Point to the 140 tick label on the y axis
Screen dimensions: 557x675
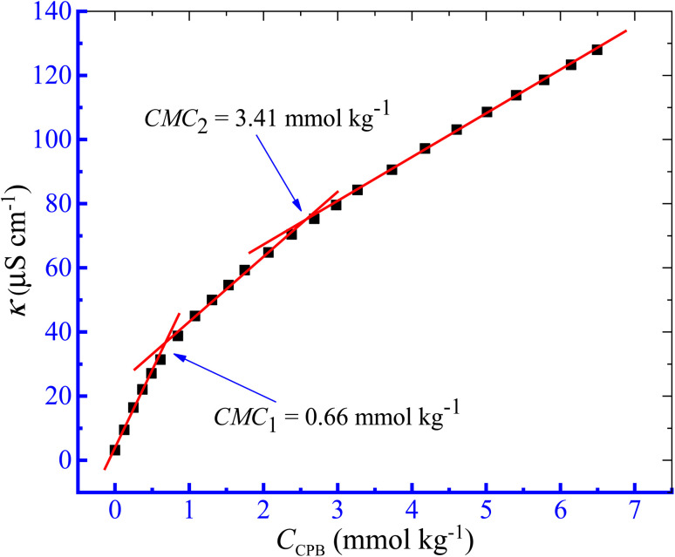[48, 11]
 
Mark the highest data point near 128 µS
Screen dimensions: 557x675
[597, 50]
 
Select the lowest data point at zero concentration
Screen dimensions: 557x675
[115, 450]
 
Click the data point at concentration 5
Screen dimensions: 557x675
[487, 112]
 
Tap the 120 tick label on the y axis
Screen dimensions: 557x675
[48, 76]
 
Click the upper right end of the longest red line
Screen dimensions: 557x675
[626, 31]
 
